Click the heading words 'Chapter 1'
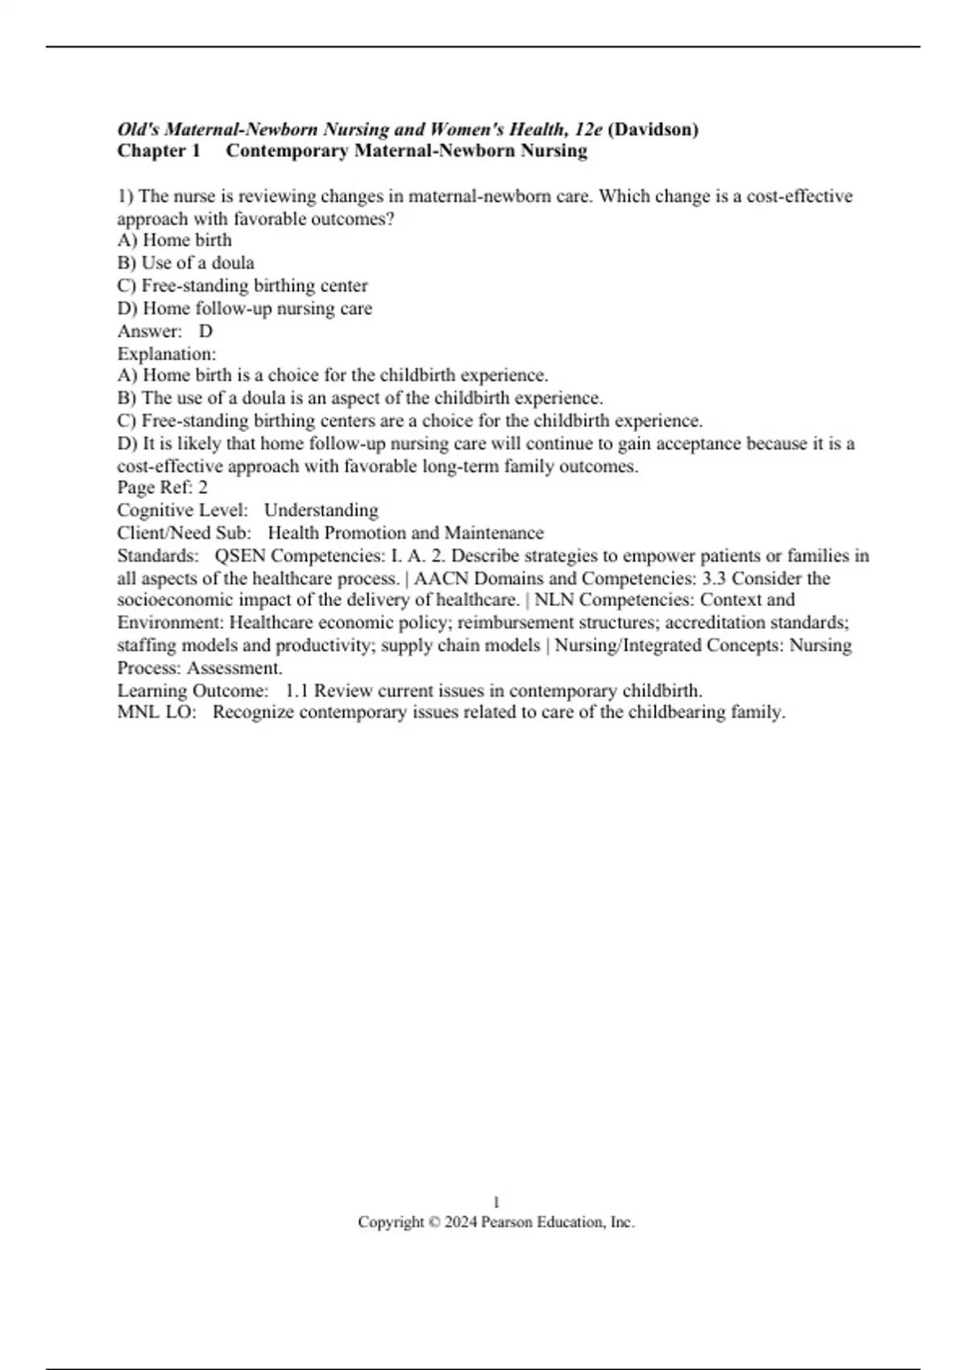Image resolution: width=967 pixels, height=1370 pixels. coord(159,151)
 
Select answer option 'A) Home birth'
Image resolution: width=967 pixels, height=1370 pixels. coord(174,240)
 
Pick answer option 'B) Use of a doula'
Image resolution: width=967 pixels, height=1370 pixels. coord(185,263)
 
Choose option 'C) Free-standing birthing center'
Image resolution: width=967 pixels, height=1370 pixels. coord(242,285)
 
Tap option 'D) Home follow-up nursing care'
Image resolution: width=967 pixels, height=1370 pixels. coord(244,308)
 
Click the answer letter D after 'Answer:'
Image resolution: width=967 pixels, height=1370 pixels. coord(205,331)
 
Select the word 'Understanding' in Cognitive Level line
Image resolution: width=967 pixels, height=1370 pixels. coord(321,510)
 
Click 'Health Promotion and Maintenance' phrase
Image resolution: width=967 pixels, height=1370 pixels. coord(405,533)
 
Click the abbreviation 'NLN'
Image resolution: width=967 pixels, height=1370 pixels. coord(554,600)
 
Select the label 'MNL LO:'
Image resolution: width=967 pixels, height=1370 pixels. coord(156,712)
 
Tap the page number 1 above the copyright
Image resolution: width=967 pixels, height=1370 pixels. coord(496,1202)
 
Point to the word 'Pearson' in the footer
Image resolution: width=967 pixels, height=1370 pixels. coord(507,1223)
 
